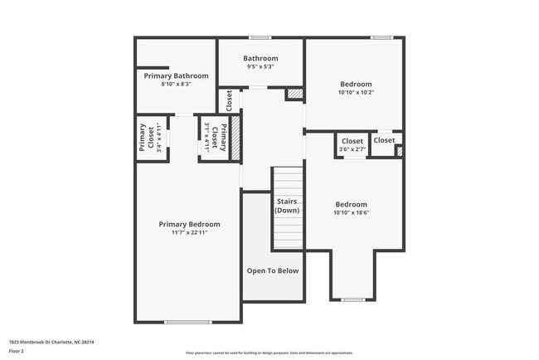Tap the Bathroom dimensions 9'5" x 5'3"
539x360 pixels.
pyautogui.click(x=260, y=67)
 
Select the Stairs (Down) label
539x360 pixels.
pyautogui.click(x=287, y=206)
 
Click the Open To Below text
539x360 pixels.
pyautogui.click(x=273, y=270)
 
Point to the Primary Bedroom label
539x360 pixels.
pyautogui.click(x=189, y=224)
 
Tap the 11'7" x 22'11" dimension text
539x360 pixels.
pyautogui.click(x=189, y=233)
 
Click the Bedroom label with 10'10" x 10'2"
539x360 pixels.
pyautogui.click(x=356, y=84)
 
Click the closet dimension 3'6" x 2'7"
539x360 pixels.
pyautogui.click(x=351, y=149)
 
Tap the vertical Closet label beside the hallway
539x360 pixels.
pyautogui.click(x=229, y=100)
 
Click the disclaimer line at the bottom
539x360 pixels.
pyautogui.click(x=269, y=353)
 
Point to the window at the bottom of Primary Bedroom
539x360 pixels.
pyautogui.click(x=187, y=322)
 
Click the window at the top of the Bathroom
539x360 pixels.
pyautogui.click(x=260, y=37)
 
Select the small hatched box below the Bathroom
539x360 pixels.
pyautogui.click(x=294, y=95)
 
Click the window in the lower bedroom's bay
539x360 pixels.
pyautogui.click(x=353, y=299)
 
